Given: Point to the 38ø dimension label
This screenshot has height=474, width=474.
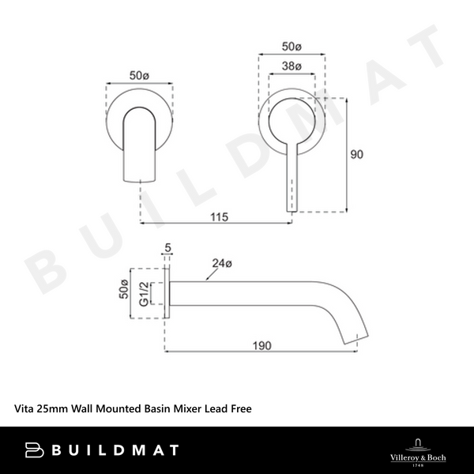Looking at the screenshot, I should point(292,67).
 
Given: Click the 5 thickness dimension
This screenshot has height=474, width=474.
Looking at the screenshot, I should point(167,249).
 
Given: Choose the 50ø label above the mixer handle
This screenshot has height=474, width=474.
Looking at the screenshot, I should point(292,47).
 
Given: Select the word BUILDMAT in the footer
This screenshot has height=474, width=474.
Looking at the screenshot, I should point(118,450).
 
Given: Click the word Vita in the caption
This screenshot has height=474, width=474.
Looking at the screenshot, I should point(27,409).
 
